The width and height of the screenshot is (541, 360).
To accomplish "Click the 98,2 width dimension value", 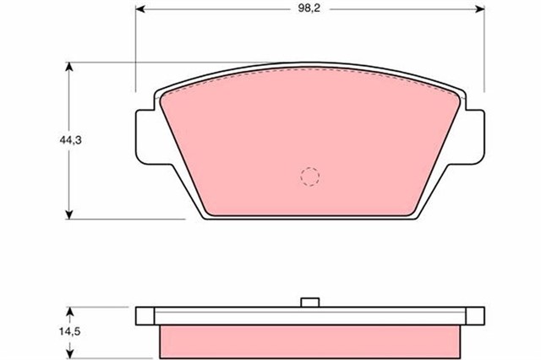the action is click(309, 8).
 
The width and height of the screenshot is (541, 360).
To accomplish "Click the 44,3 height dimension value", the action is click(70, 140).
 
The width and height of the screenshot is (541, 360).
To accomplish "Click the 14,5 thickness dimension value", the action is click(69, 332).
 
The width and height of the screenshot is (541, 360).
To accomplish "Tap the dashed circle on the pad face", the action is click(310, 177).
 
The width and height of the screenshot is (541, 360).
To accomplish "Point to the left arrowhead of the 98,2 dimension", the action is click(139, 9).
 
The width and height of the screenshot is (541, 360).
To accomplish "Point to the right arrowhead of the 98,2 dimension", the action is click(480, 9).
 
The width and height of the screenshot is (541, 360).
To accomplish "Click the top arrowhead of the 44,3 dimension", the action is click(69, 67).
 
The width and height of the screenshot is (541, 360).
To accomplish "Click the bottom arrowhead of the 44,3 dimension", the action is click(69, 215).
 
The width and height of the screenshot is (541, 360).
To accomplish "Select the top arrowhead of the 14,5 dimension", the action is click(70, 311).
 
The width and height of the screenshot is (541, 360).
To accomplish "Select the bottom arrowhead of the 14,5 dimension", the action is click(70, 354).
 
